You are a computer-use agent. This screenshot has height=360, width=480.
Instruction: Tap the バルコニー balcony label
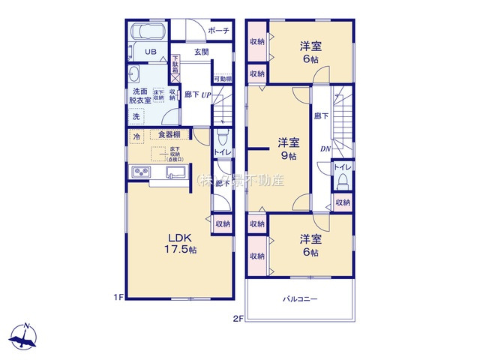pyautogui.click(x=300, y=298)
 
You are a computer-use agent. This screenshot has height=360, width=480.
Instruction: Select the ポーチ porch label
pyautogui.click(x=218, y=31)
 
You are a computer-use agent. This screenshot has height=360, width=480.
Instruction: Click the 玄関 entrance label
pyautogui.click(x=201, y=52)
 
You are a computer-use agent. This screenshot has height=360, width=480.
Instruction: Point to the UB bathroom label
pyautogui.click(x=151, y=52)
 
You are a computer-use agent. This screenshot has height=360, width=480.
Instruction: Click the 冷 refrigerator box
pyautogui.click(x=137, y=136)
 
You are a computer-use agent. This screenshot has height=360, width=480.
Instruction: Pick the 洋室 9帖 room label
pyautogui.click(x=289, y=148)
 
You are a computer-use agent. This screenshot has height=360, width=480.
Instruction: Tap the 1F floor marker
pyautogui.click(x=118, y=297)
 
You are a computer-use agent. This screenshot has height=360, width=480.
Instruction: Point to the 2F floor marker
pyautogui.click(x=238, y=319)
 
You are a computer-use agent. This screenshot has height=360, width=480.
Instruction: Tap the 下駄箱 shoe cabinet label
pyautogui.click(x=175, y=63)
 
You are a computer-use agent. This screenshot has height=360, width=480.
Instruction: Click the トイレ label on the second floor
pyautogui.click(x=341, y=166)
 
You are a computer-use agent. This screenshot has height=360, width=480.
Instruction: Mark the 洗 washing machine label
pyautogui.click(x=136, y=116)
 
